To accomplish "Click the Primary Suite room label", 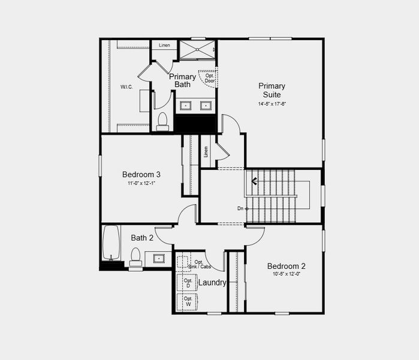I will point(272,90).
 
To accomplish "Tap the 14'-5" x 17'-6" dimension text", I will point(272,104).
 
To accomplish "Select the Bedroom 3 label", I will point(141,175).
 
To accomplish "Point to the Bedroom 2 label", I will point(287,266).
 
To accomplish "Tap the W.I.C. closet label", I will point(126,87).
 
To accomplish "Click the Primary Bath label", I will point(182,80).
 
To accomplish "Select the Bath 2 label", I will point(142,238).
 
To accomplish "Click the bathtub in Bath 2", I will point(111,242).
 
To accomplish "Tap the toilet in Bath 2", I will point(135,256).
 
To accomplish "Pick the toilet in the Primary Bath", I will point(162,121).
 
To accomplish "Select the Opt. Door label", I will point(210,78).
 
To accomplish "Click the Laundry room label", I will point(212,283).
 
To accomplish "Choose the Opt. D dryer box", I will point(188,282).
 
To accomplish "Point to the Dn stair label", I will point(240,209).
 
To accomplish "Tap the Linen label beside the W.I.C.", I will point(164,45).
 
